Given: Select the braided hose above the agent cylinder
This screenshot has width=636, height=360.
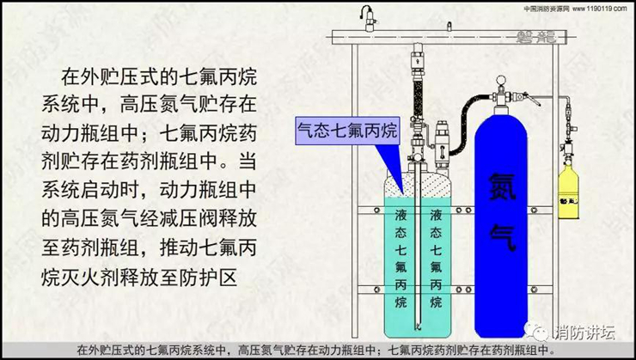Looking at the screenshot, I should pyautogui.click(x=420, y=95).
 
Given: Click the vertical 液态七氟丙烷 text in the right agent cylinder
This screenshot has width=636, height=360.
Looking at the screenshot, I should pyautogui.click(x=437, y=258).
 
